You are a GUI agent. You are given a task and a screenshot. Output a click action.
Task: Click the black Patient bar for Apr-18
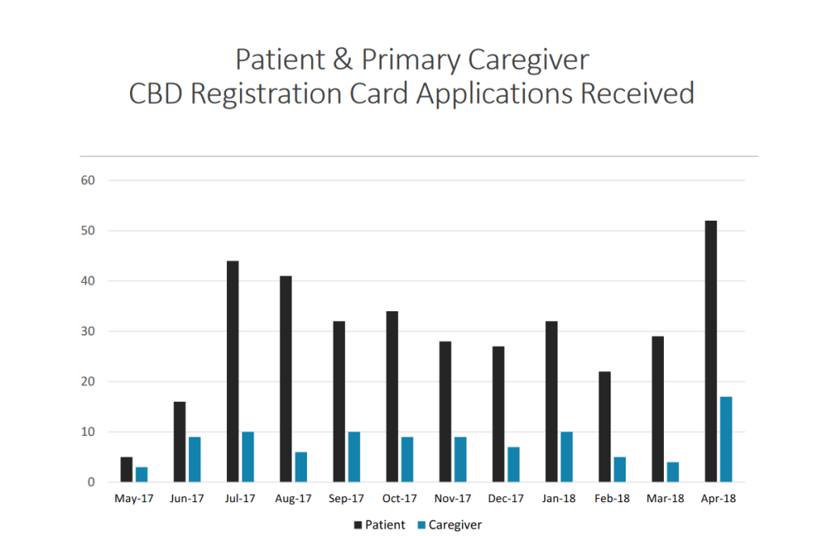click(x=711, y=352)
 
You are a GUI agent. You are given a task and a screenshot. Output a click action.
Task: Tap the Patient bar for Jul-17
click(x=233, y=372)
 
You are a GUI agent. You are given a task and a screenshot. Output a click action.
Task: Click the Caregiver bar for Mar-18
click(x=673, y=472)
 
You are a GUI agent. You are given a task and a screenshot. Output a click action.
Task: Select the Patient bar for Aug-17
click(x=286, y=379)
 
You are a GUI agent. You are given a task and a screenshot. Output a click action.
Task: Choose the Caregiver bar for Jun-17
click(x=195, y=459)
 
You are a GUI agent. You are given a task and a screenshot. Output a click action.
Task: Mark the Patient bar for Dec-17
click(x=498, y=414)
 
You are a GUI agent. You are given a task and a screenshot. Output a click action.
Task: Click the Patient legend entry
click(x=379, y=525)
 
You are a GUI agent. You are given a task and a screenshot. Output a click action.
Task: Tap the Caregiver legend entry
click(x=448, y=525)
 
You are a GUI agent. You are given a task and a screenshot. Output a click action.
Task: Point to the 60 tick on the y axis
click(x=89, y=180)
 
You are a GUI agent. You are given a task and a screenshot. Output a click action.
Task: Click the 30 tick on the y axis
click(x=89, y=331)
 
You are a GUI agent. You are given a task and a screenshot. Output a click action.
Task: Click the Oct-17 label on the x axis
click(x=400, y=500)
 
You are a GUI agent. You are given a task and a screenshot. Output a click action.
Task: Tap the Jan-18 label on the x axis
click(x=559, y=500)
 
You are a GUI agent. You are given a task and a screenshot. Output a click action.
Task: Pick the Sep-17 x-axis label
click(x=346, y=500)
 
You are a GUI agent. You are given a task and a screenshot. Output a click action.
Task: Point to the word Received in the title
click(x=637, y=93)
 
